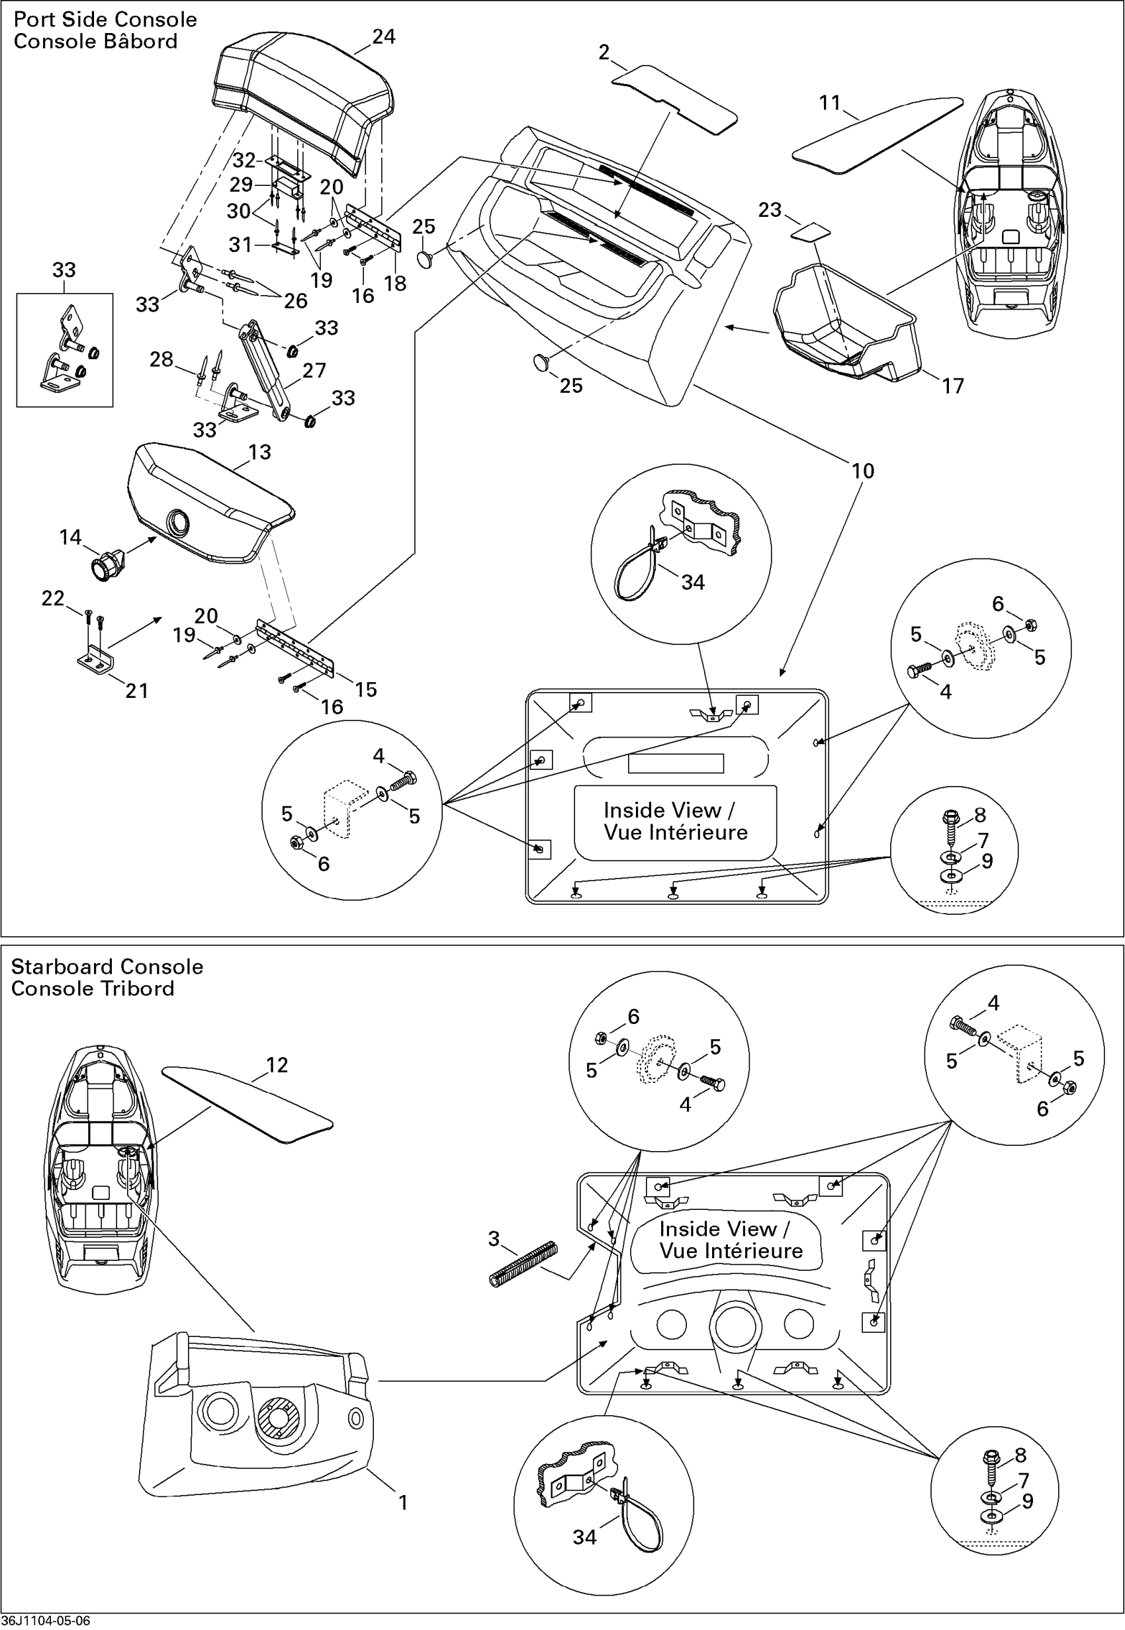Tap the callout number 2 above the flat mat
[604, 52]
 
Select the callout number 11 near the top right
[830, 103]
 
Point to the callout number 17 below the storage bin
[952, 386]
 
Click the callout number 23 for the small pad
[770, 209]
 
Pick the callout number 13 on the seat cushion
[259, 452]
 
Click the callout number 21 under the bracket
[137, 690]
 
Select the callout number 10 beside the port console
[863, 471]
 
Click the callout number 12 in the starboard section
[277, 1065]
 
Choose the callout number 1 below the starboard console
[403, 1502]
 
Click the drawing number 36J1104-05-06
[46, 1621]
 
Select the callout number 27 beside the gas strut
[314, 370]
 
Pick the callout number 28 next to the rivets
[161, 359]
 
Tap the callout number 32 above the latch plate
[244, 159]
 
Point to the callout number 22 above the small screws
[53, 597]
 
